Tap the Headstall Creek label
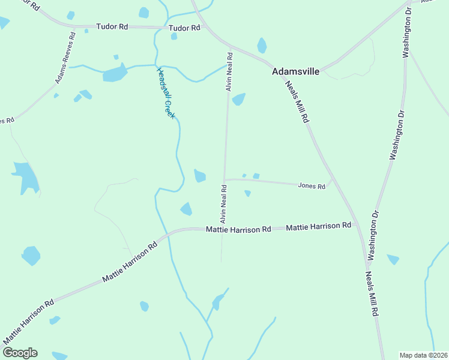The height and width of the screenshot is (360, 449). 165,92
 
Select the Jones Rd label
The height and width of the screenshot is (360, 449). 312,186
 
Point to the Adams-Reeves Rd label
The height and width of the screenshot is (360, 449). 65,58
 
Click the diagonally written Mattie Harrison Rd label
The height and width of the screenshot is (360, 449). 130,262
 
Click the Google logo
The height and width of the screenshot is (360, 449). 19,353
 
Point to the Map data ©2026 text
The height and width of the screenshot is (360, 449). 424,355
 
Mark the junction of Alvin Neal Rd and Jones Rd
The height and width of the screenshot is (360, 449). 224,179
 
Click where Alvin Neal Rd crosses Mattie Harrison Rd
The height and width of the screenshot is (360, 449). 223,229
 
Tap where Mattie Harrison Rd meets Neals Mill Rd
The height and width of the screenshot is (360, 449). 358,226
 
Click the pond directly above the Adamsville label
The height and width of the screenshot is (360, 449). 262,46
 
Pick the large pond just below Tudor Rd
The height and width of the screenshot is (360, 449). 115,74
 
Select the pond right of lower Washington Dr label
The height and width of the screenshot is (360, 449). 393,259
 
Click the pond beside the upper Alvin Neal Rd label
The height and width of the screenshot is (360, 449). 239,99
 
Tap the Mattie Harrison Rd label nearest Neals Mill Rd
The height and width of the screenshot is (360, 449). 318,226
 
